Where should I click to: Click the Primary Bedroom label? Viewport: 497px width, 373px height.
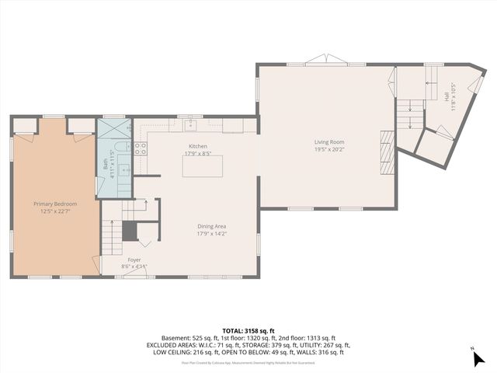[54, 204]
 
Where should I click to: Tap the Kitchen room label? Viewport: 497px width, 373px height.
[198, 146]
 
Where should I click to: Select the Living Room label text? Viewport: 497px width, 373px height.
[329, 142]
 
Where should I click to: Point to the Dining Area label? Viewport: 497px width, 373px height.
[211, 225]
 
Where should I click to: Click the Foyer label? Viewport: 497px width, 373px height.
[134, 260]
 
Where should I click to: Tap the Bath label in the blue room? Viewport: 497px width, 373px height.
[105, 164]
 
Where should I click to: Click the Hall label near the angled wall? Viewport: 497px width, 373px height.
[447, 96]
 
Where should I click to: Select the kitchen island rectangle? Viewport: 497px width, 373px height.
[202, 166]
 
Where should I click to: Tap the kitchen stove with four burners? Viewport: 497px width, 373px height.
[141, 148]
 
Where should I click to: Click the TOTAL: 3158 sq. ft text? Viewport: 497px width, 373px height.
[248, 330]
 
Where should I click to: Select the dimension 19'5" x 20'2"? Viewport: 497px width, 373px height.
[329, 150]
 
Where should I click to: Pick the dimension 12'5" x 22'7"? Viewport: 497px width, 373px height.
[54, 211]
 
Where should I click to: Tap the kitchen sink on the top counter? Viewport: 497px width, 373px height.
[190, 124]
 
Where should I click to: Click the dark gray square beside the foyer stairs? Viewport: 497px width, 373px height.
[130, 231]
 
